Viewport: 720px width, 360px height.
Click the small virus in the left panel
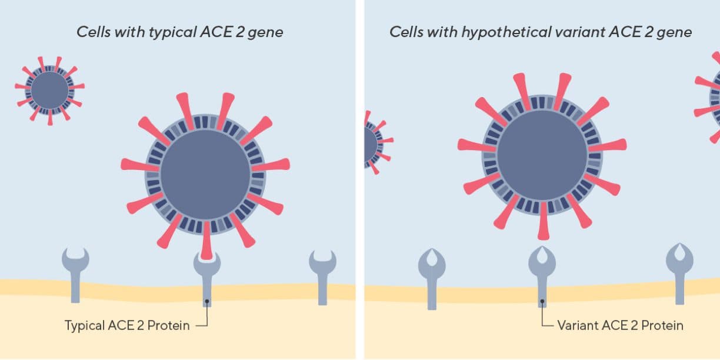49,91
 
